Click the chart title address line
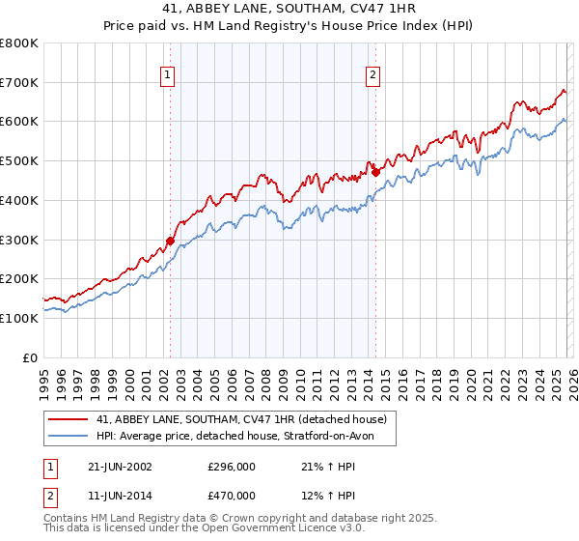click(x=289, y=9)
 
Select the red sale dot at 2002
click(x=170, y=242)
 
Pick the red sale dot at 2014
click(x=375, y=173)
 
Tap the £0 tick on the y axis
click(x=31, y=357)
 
